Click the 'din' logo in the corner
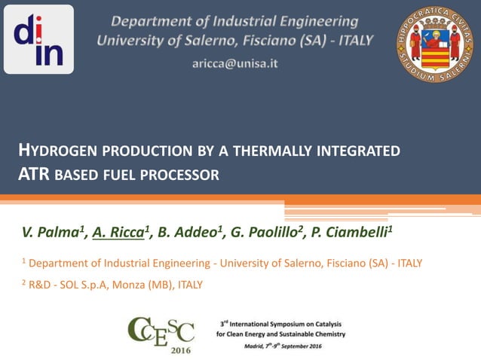point(38,39)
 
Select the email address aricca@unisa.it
point(234,64)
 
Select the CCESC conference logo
point(161,331)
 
